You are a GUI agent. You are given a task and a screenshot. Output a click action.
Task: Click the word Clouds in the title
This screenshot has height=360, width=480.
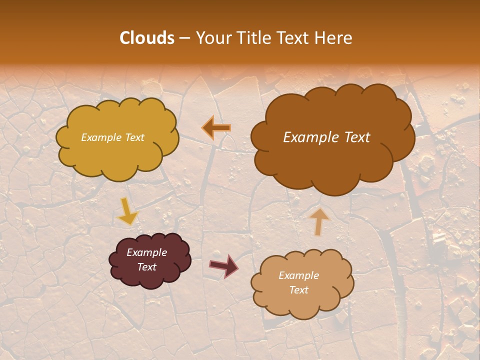point(147,38)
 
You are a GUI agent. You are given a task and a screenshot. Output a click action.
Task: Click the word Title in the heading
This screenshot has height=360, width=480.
point(249,38)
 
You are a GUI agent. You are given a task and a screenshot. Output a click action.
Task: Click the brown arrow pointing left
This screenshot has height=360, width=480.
point(216,128)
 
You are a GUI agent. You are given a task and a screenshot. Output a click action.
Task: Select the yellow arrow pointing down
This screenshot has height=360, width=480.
point(127,211)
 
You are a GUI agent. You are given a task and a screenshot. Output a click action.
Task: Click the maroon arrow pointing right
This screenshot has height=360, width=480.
point(223,265)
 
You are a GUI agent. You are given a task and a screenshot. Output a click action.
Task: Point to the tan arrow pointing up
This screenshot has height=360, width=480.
point(318,221)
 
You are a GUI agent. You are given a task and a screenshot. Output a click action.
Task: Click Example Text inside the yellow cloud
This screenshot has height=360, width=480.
point(112,137)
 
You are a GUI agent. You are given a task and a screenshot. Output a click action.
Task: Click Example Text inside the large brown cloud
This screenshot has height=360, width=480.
point(326,137)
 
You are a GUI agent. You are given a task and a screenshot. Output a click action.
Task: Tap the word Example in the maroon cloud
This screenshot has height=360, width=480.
point(146,252)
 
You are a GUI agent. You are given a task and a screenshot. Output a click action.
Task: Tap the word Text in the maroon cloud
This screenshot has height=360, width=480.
point(146,267)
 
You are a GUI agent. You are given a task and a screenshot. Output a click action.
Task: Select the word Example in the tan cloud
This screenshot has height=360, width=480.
point(298,275)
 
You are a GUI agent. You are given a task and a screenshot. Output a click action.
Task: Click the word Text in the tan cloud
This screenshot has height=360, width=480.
point(298,290)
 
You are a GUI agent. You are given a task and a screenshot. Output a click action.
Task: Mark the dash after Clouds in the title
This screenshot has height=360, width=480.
point(184,38)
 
